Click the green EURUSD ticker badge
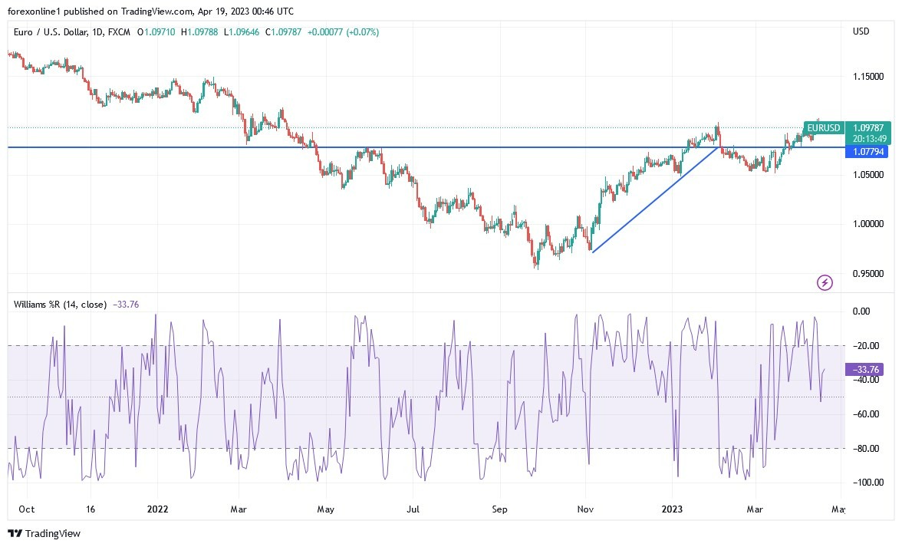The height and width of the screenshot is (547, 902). (x=824, y=128)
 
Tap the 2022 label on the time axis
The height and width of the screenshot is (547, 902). (x=157, y=509)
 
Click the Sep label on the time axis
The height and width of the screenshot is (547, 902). (x=500, y=509)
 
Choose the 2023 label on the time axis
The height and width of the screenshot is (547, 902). (x=672, y=509)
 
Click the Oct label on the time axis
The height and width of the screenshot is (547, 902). (x=26, y=509)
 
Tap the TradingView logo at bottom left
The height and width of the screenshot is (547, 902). (x=44, y=533)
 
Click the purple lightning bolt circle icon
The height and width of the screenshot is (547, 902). (x=825, y=283)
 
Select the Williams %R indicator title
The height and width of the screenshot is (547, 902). (x=61, y=304)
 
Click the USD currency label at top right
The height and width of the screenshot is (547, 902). (x=861, y=31)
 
